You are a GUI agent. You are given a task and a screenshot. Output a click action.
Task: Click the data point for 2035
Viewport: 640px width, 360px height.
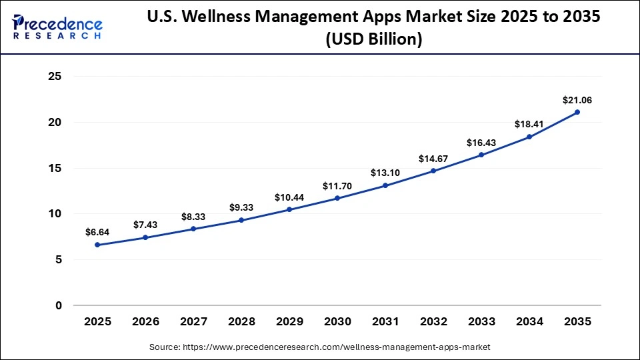tap(577, 112)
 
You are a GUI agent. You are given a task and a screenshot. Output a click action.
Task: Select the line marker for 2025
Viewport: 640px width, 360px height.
tap(97, 245)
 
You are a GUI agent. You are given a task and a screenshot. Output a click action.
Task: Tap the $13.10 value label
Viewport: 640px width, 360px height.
tap(385, 173)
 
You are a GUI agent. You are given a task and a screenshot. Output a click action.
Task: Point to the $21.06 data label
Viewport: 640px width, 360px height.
tap(577, 100)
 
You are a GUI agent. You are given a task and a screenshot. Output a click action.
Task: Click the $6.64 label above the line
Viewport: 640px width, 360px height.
tap(97, 232)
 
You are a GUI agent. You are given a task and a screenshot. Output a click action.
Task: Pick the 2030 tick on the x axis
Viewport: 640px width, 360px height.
tap(337, 321)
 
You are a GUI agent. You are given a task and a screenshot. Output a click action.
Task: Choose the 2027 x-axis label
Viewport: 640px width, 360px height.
tap(193, 321)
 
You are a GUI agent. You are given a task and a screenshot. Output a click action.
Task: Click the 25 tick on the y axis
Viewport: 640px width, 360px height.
tap(55, 77)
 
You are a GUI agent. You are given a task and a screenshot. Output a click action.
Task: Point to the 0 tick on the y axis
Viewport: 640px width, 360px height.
tap(59, 306)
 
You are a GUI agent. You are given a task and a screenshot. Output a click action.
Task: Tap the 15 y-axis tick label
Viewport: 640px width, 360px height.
tap(55, 168)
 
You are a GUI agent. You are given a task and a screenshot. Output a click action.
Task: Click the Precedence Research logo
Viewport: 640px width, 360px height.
tap(57, 27)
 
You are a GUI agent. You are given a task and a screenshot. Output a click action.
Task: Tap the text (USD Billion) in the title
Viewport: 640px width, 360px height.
tap(373, 40)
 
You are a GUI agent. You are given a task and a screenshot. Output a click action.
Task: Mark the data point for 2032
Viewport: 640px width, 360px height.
tap(433, 171)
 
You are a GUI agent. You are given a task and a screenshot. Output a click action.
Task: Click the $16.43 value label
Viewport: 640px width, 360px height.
tap(481, 143)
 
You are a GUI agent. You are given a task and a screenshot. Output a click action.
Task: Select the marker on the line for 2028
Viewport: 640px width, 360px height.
tap(241, 220)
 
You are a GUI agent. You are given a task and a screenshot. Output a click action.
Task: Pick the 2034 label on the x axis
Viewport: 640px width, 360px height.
tap(529, 321)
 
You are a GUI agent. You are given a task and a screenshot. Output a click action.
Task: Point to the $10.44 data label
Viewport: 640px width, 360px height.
tap(289, 197)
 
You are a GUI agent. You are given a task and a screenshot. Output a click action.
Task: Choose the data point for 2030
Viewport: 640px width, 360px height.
tap(337, 198)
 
